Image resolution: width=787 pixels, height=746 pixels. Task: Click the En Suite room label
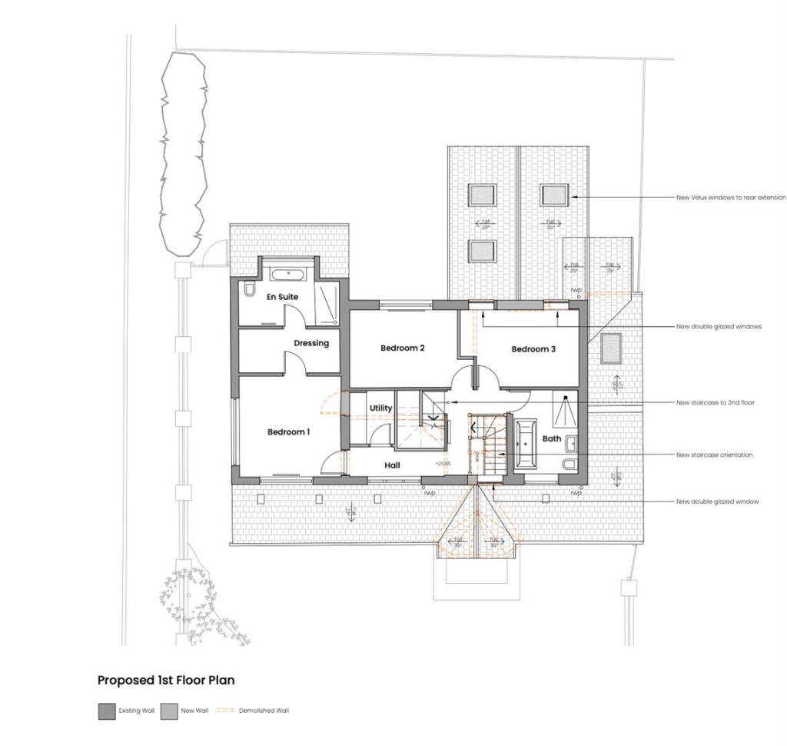pyautogui.click(x=282, y=297)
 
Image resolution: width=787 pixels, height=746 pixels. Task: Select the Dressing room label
pyautogui.click(x=311, y=343)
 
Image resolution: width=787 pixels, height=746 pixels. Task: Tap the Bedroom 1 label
pyautogui.click(x=288, y=432)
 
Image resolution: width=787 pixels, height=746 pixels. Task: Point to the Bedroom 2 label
pyautogui.click(x=403, y=348)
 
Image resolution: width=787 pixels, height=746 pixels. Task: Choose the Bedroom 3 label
pyautogui.click(x=533, y=349)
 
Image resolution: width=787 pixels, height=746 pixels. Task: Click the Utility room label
pyautogui.click(x=380, y=408)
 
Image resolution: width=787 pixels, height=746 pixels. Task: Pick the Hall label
pyautogui.click(x=392, y=465)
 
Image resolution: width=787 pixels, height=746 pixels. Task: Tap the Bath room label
pyautogui.click(x=552, y=439)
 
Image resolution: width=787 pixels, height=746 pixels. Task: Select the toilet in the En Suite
pyautogui.click(x=250, y=290)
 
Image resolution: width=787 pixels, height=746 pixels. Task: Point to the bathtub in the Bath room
pyautogui.click(x=526, y=444)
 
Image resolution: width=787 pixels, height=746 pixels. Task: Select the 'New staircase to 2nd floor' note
pyautogui.click(x=714, y=402)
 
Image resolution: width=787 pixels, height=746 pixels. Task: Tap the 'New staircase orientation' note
pyautogui.click(x=714, y=455)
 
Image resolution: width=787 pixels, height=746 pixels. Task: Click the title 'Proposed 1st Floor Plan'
pyautogui.click(x=165, y=681)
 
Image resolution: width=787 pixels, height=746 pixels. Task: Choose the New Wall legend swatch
pyautogui.click(x=169, y=711)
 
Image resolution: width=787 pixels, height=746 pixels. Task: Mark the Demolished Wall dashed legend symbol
pyautogui.click(x=225, y=711)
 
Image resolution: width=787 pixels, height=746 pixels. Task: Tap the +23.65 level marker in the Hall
pyautogui.click(x=443, y=464)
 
